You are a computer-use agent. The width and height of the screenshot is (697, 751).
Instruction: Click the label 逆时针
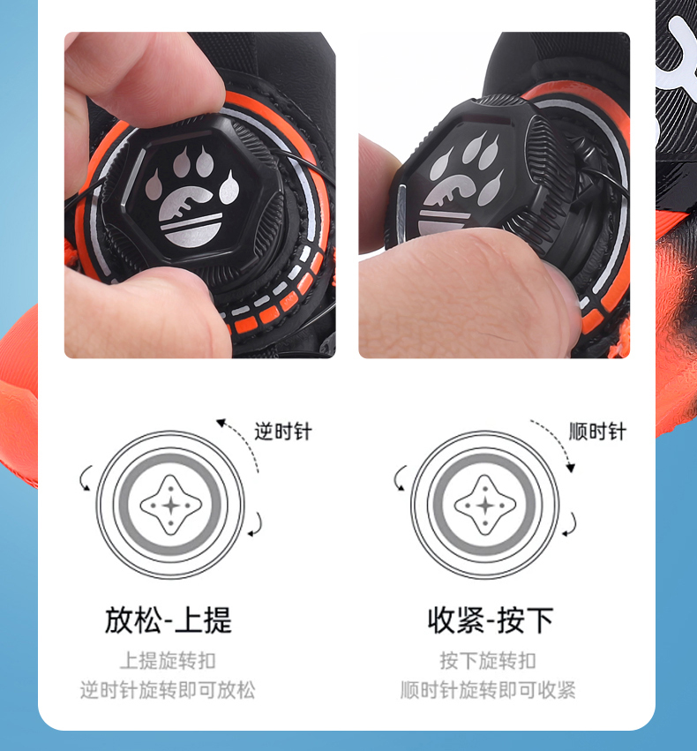[x=283, y=432]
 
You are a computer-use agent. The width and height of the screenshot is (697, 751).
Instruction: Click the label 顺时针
[x=597, y=432]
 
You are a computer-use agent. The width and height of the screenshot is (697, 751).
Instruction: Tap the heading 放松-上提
[x=169, y=620]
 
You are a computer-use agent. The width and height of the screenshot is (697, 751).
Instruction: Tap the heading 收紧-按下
[x=491, y=620]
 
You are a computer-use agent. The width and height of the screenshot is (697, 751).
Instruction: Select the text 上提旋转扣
[x=168, y=660]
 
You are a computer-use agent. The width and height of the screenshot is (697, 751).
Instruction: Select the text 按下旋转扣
[x=488, y=660]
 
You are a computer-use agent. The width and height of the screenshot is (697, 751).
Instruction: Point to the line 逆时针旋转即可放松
[x=168, y=690]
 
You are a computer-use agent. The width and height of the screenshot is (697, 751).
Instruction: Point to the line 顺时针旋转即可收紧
[x=488, y=690]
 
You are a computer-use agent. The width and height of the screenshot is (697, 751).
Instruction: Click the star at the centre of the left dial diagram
[x=171, y=506]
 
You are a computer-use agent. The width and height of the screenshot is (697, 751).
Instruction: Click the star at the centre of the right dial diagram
[x=485, y=506]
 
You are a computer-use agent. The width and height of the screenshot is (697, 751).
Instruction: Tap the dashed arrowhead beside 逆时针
[x=221, y=423]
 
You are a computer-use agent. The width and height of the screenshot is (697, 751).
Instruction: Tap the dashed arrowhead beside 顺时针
[x=570, y=468]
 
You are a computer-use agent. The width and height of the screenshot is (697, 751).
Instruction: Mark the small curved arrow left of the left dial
[x=85, y=478]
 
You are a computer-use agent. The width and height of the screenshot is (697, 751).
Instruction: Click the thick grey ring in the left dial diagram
[x=171, y=457]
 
